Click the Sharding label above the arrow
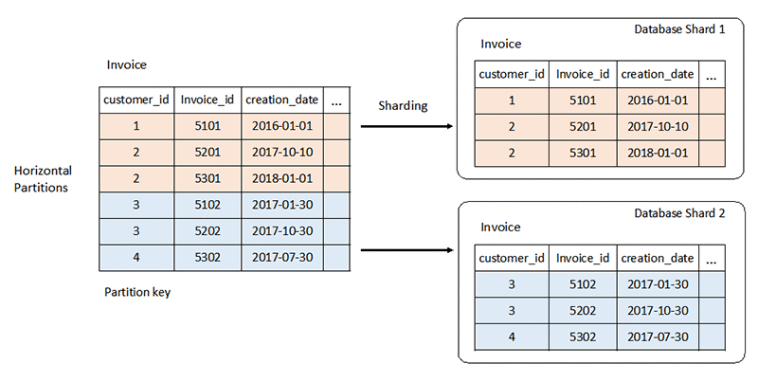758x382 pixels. [403, 105]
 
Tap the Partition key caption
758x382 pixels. [136, 292]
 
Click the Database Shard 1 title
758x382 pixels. [679, 30]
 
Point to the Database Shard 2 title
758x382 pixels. [679, 214]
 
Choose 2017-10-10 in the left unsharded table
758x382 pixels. [280, 152]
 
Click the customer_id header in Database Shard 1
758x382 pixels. [512, 74]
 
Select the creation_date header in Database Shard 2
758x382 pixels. [658, 258]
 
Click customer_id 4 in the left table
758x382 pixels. [136, 256]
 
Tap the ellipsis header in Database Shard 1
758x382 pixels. [711, 74]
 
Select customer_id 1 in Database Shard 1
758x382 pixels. [512, 100]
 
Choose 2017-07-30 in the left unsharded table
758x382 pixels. [280, 256]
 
